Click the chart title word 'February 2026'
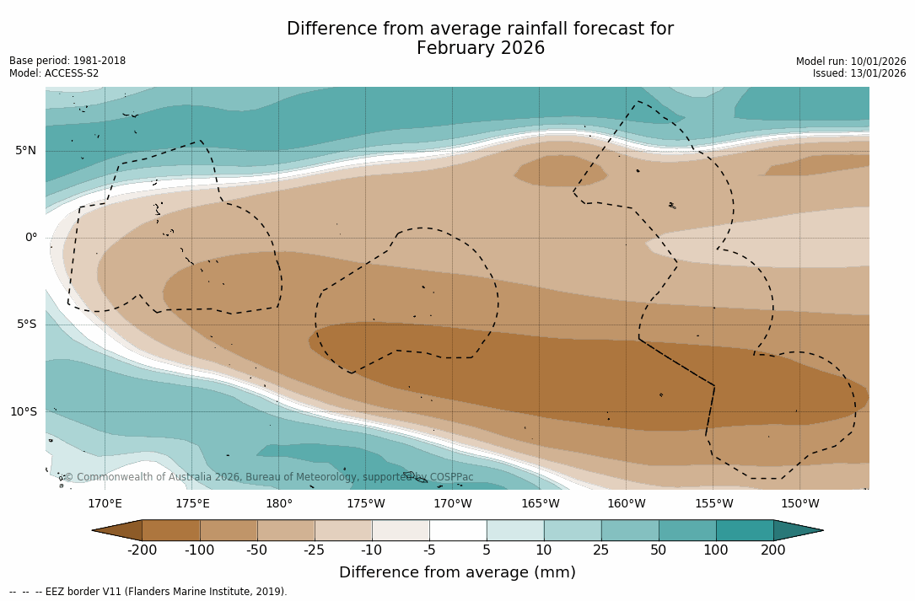480,49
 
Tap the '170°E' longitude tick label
105,504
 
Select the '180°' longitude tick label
279,504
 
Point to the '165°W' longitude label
540,504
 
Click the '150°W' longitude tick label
799,504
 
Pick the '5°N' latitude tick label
26,151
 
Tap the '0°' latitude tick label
31,238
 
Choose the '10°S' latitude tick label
24,412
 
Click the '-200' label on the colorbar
142,550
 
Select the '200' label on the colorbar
773,550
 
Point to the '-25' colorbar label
315,550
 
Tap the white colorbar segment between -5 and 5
458,530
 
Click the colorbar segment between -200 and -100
171,530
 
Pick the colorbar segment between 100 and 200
745,530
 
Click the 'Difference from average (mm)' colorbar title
457,573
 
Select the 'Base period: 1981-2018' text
67,61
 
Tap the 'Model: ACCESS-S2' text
54,73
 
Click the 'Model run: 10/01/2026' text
851,62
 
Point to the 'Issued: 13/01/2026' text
859,73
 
